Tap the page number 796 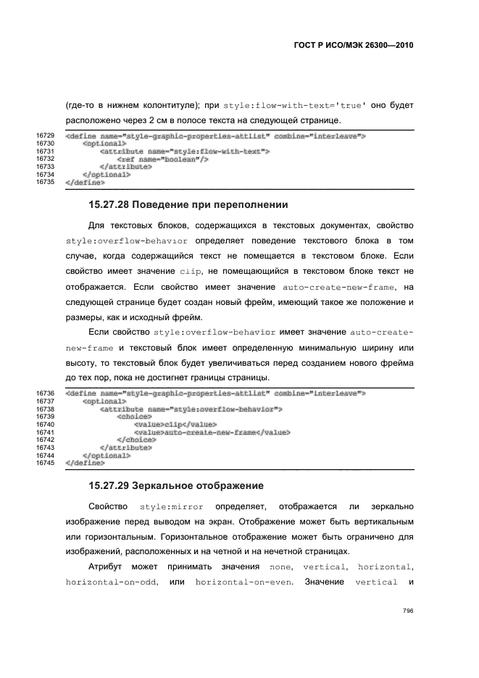click(407, 611)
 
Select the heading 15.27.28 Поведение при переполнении click(188, 204)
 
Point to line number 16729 click(46, 136)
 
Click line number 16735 click(46, 183)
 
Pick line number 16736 click(46, 393)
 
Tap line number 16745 click(46, 463)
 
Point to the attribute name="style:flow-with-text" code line click(185, 151)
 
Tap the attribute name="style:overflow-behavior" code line click(191, 409)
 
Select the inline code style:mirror click(171, 505)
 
